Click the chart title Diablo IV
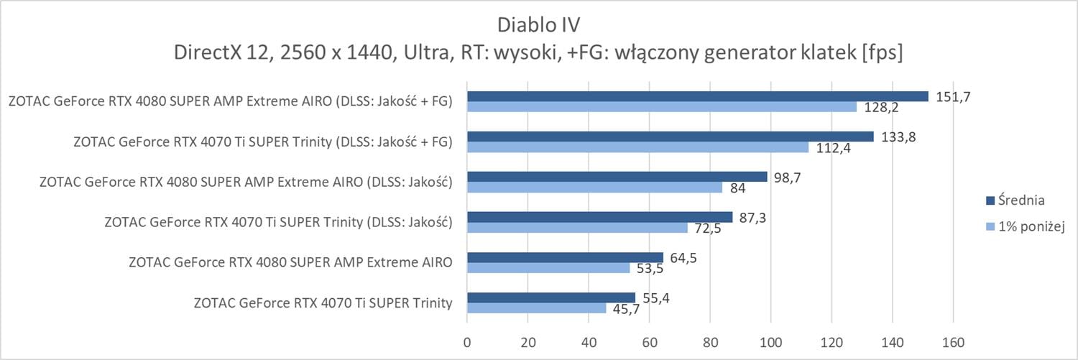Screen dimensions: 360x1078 [x=538, y=24]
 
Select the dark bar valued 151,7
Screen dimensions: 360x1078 [x=697, y=96]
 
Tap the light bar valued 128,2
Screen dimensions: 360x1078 [x=662, y=107]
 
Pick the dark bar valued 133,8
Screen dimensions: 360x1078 [x=670, y=137]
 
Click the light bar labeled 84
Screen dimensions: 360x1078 [x=594, y=188]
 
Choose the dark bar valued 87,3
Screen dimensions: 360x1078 [x=599, y=217]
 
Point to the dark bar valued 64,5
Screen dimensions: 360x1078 [x=565, y=257]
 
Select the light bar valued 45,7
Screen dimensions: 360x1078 [x=536, y=308]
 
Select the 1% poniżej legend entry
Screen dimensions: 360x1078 [x=1029, y=226]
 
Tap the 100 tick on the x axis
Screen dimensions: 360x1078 [x=771, y=341]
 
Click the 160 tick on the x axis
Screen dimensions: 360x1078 [x=954, y=341]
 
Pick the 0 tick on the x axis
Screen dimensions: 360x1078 [x=467, y=341]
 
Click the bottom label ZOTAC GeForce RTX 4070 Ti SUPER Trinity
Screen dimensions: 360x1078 [x=323, y=303]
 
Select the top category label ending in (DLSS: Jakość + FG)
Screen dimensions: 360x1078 [x=230, y=101]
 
